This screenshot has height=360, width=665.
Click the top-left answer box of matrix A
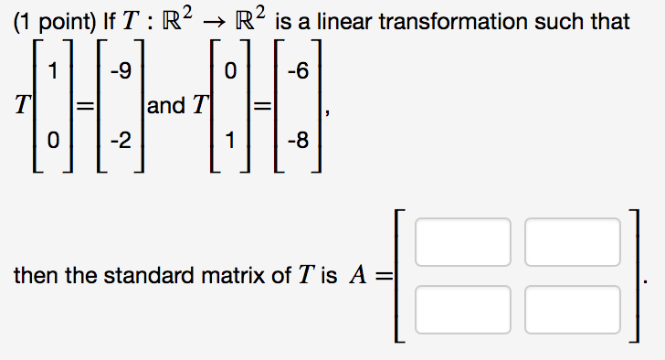pos(462,241)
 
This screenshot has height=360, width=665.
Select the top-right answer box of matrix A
pos(572,241)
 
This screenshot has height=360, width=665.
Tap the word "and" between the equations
pos(165,106)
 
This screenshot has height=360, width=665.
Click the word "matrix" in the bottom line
pos(218,276)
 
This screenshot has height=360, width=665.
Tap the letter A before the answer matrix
pos(358,276)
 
